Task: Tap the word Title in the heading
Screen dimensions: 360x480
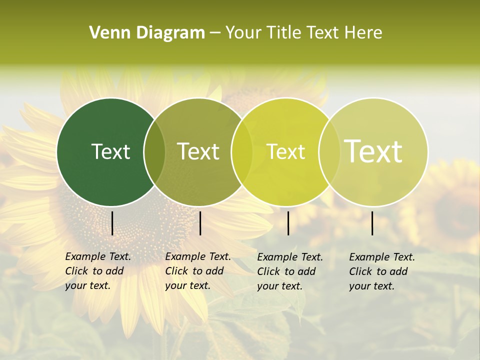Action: (x=283, y=33)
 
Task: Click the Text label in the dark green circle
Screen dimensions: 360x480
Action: (x=110, y=151)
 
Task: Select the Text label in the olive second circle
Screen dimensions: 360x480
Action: (x=198, y=151)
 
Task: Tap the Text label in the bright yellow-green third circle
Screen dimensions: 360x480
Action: (x=285, y=151)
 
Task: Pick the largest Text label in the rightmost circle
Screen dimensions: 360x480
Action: (x=373, y=151)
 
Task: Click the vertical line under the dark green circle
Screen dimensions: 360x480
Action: (x=112, y=223)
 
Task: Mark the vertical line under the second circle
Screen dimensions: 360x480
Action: (x=200, y=223)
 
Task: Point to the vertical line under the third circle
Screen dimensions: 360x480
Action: (x=288, y=223)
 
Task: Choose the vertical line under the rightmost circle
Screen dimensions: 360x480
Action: (x=372, y=223)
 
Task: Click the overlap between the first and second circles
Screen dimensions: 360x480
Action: (x=154, y=152)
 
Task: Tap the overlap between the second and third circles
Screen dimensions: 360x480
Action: (x=242, y=152)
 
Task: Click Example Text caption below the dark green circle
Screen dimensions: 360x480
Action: (x=98, y=256)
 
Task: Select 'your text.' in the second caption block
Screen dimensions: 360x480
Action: (x=187, y=285)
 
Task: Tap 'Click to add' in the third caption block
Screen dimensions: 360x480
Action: (x=286, y=271)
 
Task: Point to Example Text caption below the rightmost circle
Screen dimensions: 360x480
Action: (x=382, y=257)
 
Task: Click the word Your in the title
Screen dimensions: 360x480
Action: (x=244, y=33)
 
